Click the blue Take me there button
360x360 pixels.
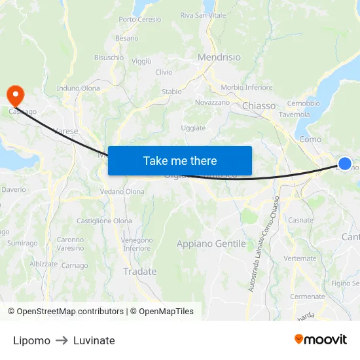[x=180, y=160]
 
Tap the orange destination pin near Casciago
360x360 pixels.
[x=14, y=96]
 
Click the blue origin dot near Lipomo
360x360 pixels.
[x=345, y=164]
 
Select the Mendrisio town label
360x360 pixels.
[x=219, y=57]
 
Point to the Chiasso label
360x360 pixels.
[x=259, y=105]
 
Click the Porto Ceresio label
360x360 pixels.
[x=140, y=20]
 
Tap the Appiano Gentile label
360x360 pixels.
[x=211, y=243]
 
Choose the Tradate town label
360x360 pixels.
[x=140, y=272]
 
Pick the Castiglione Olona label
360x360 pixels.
[x=104, y=221]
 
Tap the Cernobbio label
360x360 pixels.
[x=303, y=103]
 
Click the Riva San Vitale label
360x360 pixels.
[x=203, y=15]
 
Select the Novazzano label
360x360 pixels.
[x=213, y=103]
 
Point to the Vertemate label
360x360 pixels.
[x=302, y=259]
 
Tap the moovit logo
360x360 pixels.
[x=321, y=339]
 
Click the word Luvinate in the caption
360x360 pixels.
[x=94, y=340]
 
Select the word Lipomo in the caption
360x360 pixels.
[x=31, y=340]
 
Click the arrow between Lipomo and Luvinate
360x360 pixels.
[x=62, y=340]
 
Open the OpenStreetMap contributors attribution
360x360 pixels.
[x=69, y=312]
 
